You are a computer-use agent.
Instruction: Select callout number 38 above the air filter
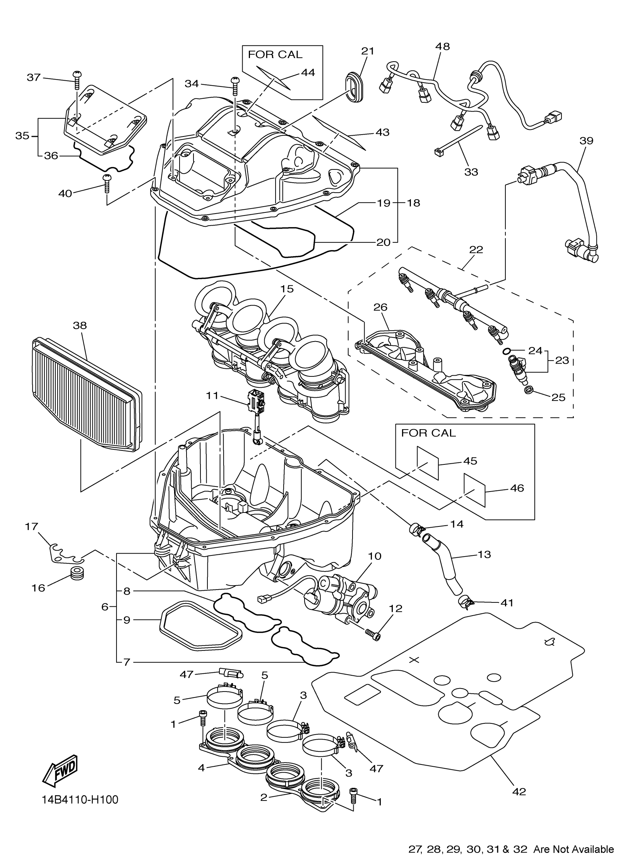[x=80, y=325]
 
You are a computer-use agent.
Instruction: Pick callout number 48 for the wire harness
[x=442, y=46]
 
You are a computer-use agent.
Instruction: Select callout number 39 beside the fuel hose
[x=586, y=141]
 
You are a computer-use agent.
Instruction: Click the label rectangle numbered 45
[x=428, y=463]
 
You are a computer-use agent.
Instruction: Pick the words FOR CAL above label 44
[x=275, y=55]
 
